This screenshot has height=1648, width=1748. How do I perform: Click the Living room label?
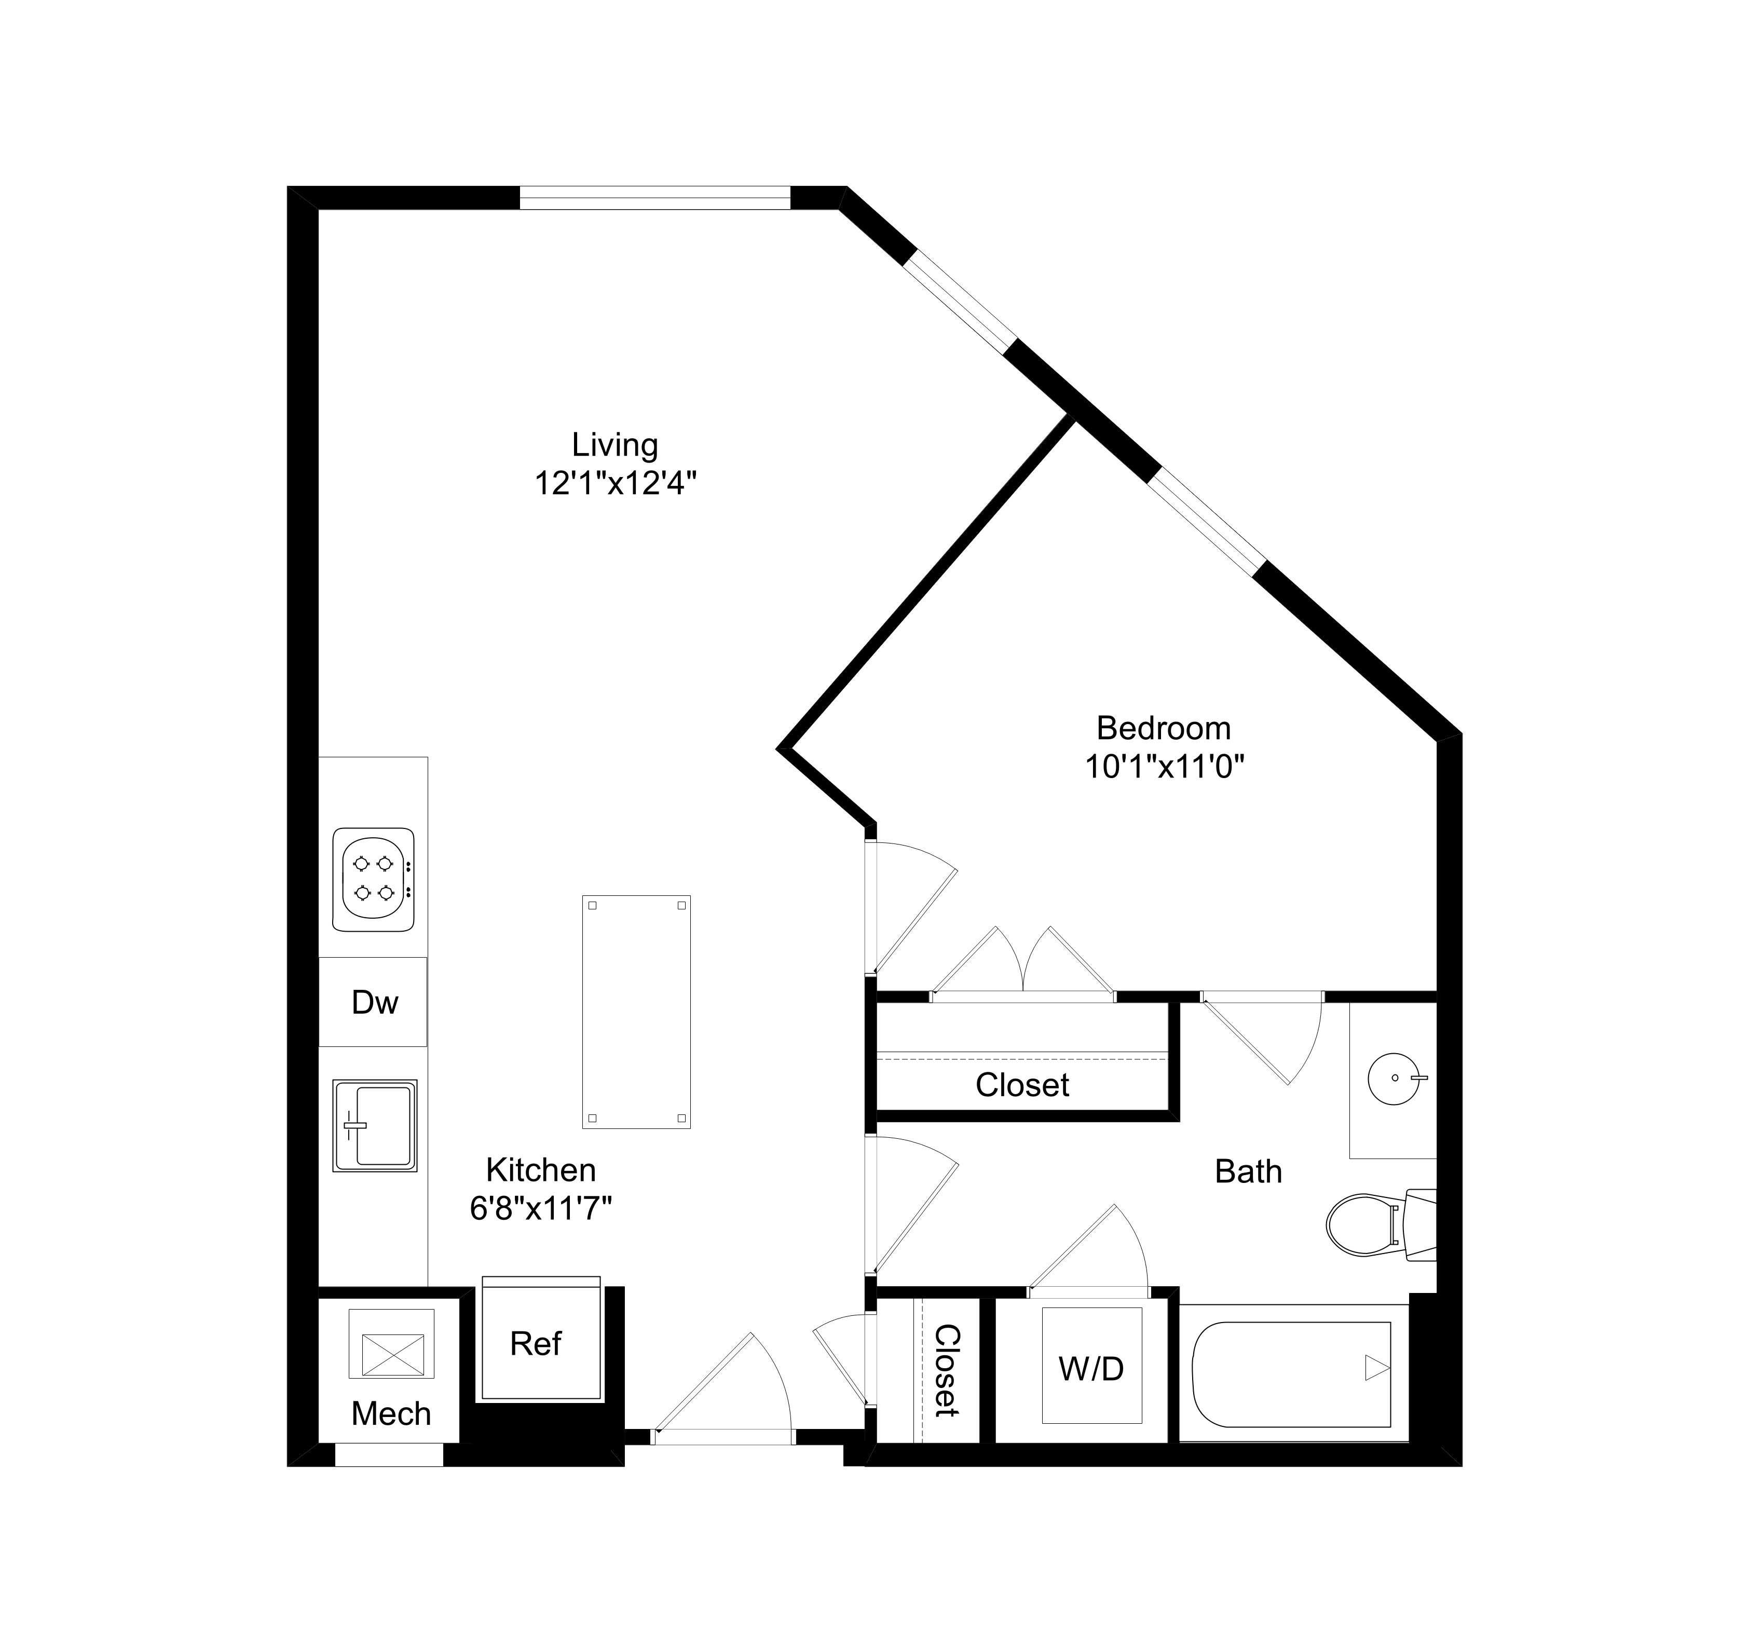pos(614,445)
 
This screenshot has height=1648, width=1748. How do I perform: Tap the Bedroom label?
pos(1163,728)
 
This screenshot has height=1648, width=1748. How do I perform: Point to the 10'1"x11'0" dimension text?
pos(1164,767)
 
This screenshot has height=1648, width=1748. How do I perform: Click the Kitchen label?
pos(541,1169)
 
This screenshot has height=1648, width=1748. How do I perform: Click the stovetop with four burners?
pos(373,879)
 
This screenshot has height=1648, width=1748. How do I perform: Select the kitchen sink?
pos(375,1126)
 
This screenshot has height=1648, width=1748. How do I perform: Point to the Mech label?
pos(391,1413)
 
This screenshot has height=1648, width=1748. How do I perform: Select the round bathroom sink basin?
pos(1393,1077)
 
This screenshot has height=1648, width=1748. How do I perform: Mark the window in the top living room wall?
pos(655,198)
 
